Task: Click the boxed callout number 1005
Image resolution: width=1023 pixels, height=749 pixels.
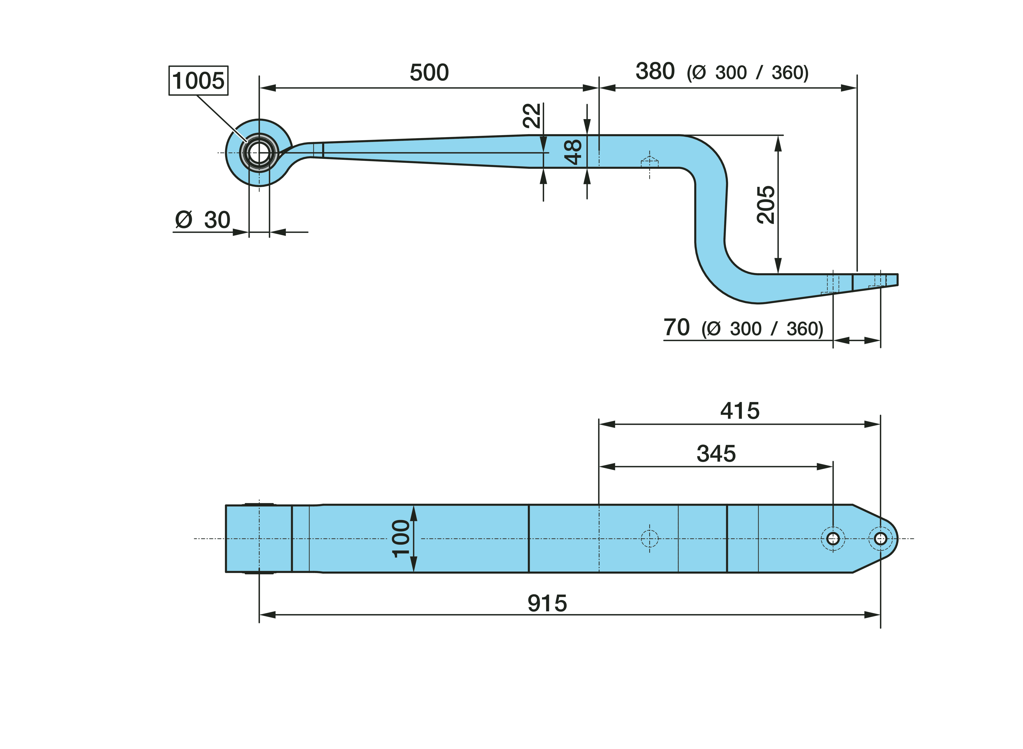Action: coord(198,81)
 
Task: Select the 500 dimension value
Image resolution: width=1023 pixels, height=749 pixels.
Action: coord(429,72)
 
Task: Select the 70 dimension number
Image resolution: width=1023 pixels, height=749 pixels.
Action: coord(676,327)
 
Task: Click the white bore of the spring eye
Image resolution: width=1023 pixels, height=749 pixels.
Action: coord(259,153)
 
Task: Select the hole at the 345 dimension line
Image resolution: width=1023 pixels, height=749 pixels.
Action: coord(833,539)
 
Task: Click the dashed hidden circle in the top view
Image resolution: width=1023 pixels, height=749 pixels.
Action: coord(650,539)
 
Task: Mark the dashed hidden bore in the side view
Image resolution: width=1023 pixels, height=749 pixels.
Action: coord(650,162)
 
